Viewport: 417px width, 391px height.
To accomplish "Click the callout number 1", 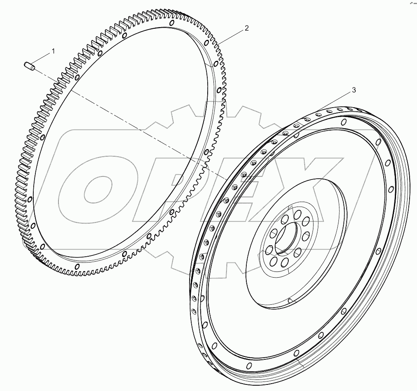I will [x=53, y=51].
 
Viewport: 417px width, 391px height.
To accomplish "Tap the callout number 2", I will [x=246, y=28].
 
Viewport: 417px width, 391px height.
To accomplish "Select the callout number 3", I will [x=353, y=90].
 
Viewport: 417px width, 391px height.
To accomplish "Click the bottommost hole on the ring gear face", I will [x=77, y=267].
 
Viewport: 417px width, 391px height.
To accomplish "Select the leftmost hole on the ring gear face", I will [x=30, y=200].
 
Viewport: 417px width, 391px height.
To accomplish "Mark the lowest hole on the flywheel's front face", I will [x=248, y=366].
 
